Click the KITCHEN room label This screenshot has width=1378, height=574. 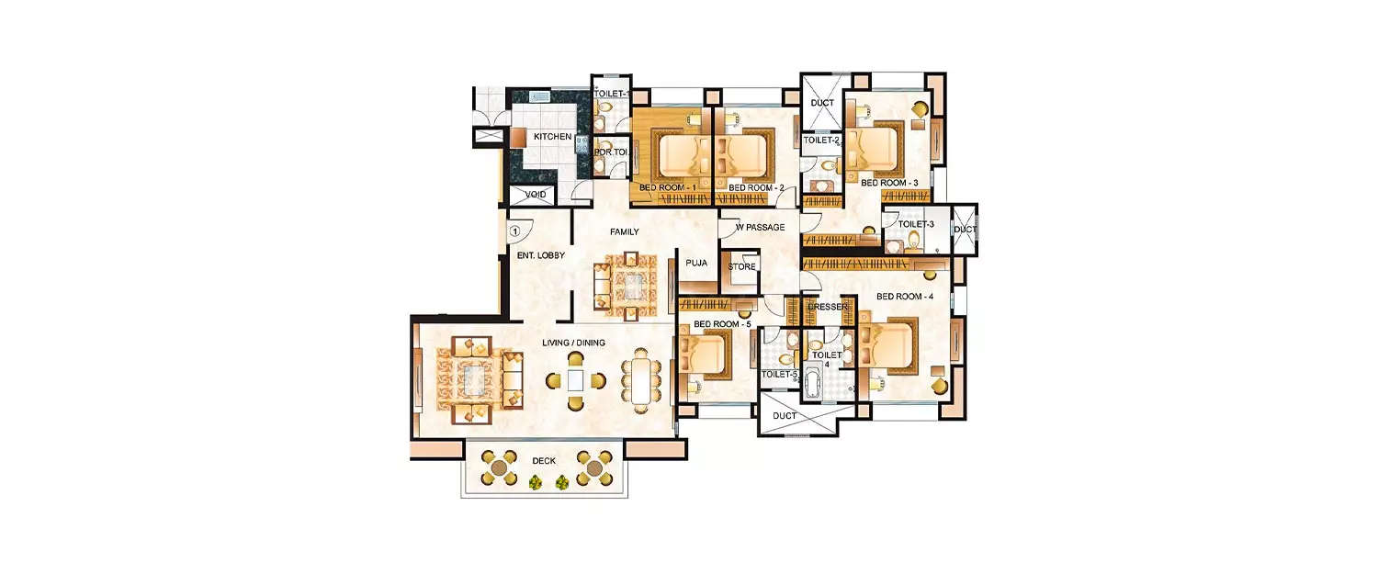coord(553,137)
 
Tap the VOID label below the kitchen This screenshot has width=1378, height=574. coord(536,195)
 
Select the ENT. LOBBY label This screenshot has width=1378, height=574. coord(540,255)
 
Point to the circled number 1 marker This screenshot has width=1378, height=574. coord(514,231)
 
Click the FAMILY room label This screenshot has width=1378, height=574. coord(625,232)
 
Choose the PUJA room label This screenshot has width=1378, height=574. coord(696,263)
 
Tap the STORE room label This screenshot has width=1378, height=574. coord(742,267)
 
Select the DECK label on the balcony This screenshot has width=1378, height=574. coord(545,460)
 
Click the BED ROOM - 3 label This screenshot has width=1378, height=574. coord(889,183)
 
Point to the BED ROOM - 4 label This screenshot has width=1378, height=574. coord(905,297)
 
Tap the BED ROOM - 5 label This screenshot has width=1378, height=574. coord(722,324)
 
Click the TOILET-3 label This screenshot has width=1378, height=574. coord(916,224)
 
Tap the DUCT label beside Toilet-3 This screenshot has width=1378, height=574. coord(965,230)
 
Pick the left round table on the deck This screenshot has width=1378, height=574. coord(497,467)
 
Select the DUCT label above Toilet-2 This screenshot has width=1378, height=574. coord(822,103)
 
